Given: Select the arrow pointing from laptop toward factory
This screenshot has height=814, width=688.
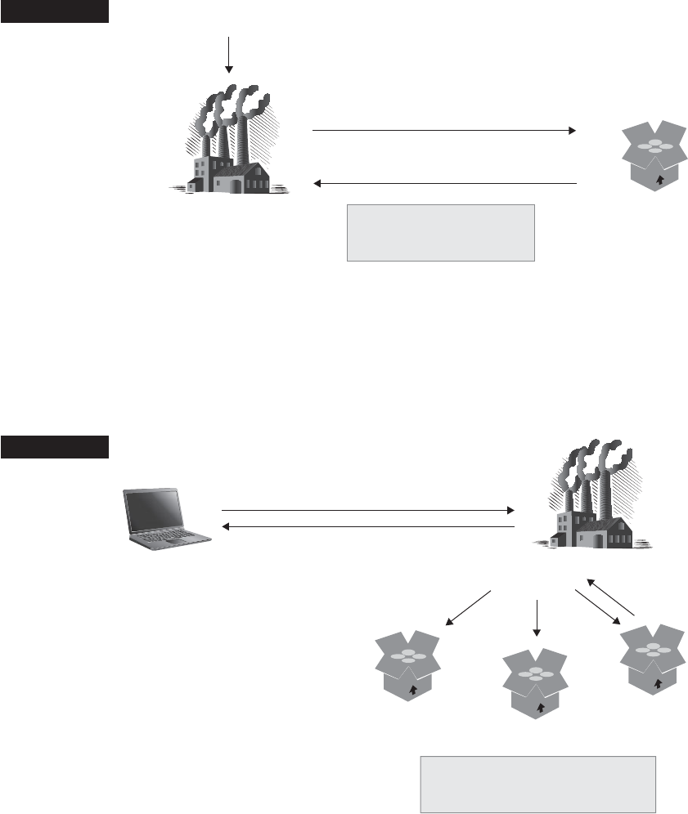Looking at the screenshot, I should coord(368,510).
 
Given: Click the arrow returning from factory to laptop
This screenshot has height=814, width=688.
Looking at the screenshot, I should coord(368,527).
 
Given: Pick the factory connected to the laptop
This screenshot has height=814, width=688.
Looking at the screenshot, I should coord(592,499).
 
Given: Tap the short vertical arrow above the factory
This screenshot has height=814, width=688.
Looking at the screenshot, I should coord(229,55).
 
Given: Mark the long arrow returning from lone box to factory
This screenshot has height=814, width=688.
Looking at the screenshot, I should coord(446,184).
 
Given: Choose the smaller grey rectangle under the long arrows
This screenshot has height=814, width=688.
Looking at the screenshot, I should coord(440,233).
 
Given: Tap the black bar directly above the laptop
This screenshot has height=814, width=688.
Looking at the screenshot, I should coord(55,448).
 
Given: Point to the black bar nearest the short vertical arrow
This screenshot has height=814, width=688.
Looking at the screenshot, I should coord(55,11).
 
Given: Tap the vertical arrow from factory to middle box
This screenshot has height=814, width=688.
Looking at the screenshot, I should coord(537,617).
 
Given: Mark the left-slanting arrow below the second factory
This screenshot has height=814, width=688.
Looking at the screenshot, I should coord(468,608).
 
